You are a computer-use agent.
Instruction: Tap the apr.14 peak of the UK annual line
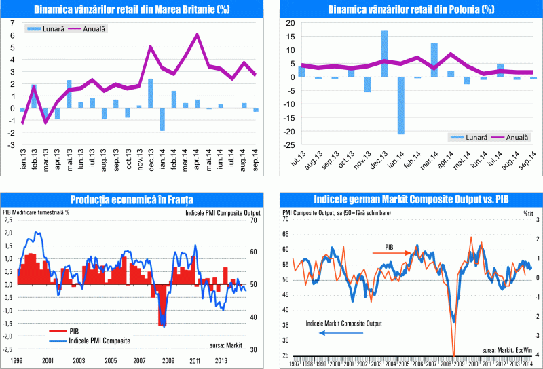click(x=197, y=34)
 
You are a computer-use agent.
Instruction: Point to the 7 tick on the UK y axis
click(x=11, y=22)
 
